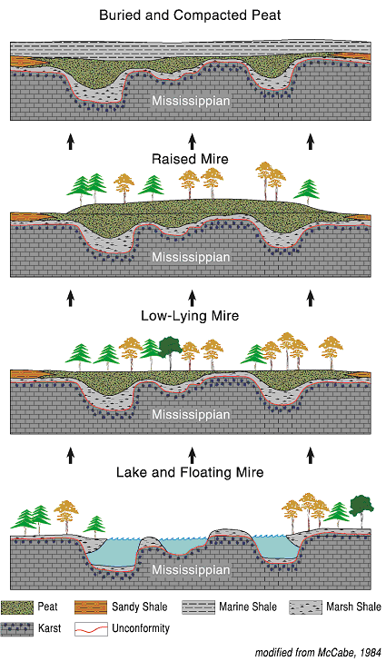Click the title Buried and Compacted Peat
pos(190,15)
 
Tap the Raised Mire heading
pos(190,159)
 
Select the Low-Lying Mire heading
pos(190,316)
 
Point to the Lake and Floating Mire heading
pos(190,472)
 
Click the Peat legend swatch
pos(17,607)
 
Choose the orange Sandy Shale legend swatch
pos(91,607)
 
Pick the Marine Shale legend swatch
pos(198,607)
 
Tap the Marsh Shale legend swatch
pos(305,607)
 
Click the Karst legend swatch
pos(17,629)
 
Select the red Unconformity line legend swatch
pos(91,629)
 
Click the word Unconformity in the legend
pos(141,628)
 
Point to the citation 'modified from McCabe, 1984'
pos(318,653)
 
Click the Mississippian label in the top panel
pos(191,101)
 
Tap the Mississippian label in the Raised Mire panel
pos(191,257)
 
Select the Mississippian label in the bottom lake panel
pos(191,570)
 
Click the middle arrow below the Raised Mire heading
pos(193,299)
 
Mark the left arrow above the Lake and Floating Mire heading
pos(71,455)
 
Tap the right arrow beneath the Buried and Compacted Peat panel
pos(311,142)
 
